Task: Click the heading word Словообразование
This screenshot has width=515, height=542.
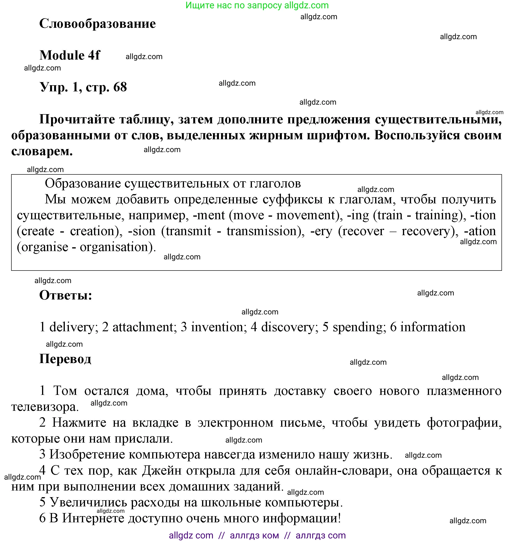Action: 97,23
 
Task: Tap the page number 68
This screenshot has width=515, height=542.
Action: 120,87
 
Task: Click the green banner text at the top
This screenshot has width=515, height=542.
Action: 257,5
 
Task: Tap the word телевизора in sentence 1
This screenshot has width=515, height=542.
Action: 44,407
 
